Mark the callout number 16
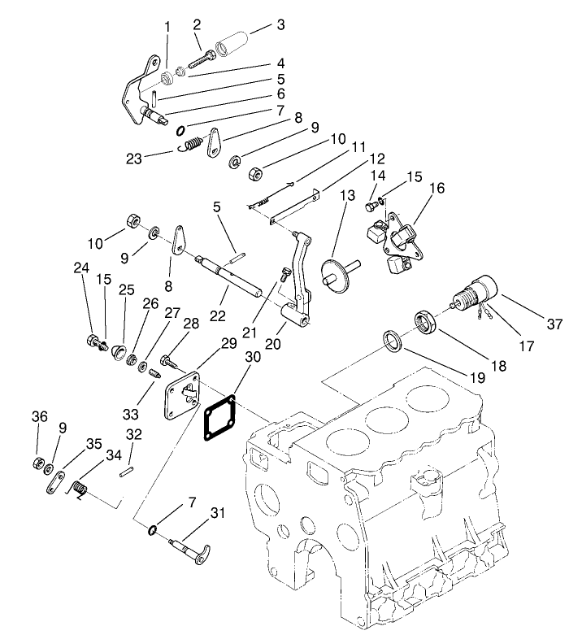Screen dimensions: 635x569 (437, 188)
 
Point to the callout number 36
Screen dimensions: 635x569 (40, 416)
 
